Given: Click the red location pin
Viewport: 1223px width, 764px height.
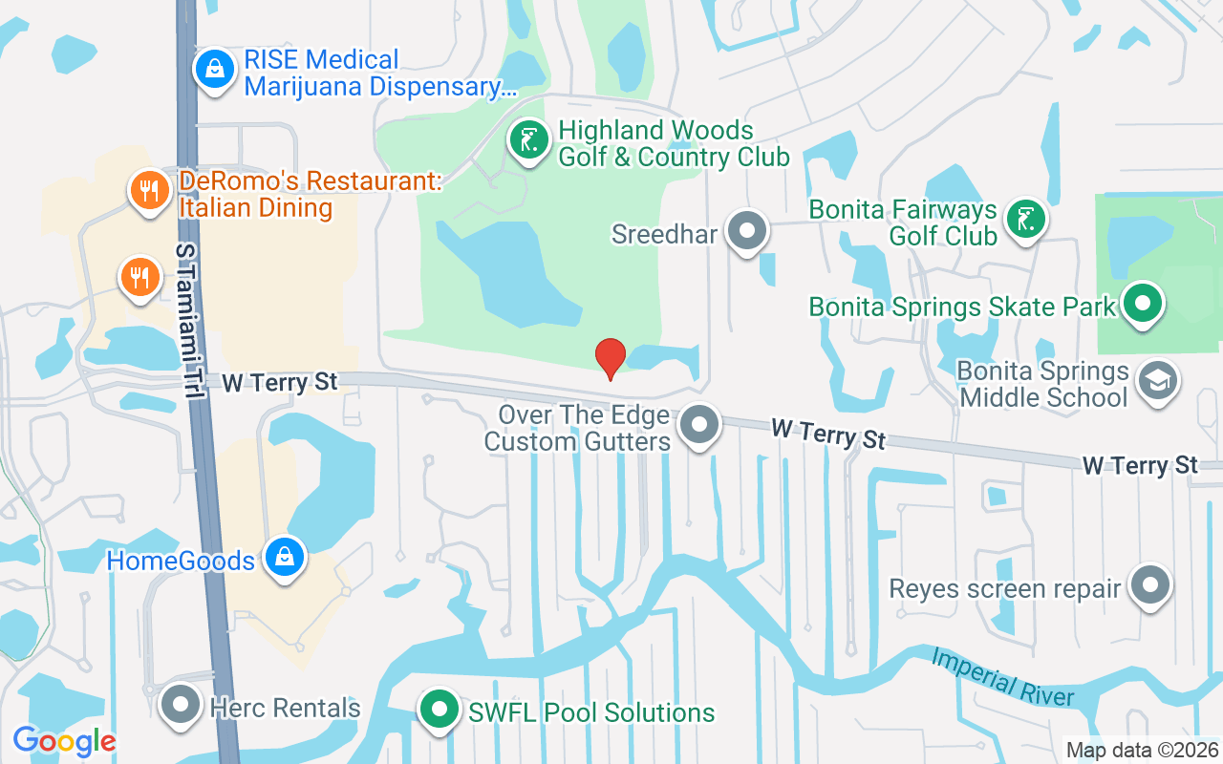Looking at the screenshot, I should tap(611, 358).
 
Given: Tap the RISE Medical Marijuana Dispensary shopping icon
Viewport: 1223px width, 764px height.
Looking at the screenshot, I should tap(216, 70).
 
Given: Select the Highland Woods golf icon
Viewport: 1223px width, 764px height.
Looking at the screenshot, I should tap(528, 140).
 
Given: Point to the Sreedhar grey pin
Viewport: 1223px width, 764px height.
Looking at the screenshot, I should tap(747, 231).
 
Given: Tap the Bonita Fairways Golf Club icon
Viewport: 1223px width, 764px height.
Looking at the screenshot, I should tap(1025, 219).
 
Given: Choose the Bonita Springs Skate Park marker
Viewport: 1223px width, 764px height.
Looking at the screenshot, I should tap(1142, 305).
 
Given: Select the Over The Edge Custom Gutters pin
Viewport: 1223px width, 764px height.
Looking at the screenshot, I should tap(700, 425).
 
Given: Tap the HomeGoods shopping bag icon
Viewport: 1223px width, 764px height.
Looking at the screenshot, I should tap(284, 558).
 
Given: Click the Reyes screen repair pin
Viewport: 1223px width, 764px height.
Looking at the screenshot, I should tap(1150, 585).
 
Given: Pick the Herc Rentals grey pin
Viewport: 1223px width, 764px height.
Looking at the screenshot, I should tap(181, 706).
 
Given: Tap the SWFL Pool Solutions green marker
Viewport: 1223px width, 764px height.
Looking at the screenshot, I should tap(440, 711).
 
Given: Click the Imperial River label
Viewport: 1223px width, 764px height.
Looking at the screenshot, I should tap(1002, 678).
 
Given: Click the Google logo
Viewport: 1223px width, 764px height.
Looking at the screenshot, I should tap(64, 741).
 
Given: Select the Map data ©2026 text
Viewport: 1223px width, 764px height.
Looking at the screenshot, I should tap(1142, 750).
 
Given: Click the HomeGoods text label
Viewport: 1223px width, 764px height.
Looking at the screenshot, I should tap(181, 560).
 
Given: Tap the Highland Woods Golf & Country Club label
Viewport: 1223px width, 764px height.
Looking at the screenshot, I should tap(674, 143).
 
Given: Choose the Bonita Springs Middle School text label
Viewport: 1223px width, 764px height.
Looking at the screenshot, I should tap(1043, 384).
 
